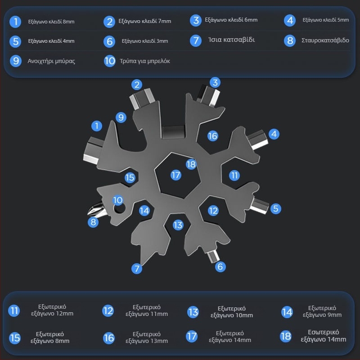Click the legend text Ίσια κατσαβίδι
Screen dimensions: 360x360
click(231, 40)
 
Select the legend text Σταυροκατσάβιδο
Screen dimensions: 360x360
click(325, 40)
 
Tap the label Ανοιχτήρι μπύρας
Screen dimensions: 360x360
click(51, 61)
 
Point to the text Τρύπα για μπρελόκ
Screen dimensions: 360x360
click(145, 61)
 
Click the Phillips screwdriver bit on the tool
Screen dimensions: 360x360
click(96, 209)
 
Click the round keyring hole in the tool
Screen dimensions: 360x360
click(119, 208)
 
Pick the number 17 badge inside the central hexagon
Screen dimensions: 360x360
click(176, 175)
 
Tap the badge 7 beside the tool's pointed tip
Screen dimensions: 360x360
click(137, 268)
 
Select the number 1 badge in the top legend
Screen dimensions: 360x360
click(15, 22)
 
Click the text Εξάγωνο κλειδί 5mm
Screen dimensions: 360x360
click(325, 20)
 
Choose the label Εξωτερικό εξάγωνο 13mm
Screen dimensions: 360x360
click(147, 337)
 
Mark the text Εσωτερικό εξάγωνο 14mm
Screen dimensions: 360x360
click(323, 336)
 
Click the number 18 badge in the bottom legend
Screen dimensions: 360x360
click(286, 336)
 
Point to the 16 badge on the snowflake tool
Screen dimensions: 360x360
click(212, 136)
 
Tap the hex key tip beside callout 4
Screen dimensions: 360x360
click(257, 139)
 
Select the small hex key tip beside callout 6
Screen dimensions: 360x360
click(213, 256)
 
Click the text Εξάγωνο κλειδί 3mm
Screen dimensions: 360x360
click(145, 41)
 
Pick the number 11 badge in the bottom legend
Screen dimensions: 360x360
click(14, 310)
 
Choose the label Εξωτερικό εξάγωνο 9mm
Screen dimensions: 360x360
click(322, 311)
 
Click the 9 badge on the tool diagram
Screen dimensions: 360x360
click(121, 117)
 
